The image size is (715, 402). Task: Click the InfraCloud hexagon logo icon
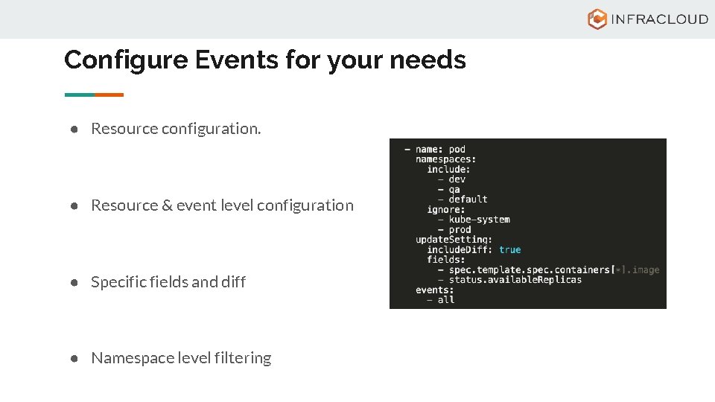[x=597, y=19]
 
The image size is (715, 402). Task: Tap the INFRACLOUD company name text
[x=659, y=19]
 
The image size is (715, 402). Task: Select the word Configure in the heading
[x=125, y=60]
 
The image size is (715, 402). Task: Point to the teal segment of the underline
[x=80, y=95]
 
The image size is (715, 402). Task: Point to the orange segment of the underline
[x=109, y=95]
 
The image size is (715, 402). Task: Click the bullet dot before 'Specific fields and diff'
[x=75, y=282]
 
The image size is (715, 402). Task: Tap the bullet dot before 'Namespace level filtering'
[x=75, y=358]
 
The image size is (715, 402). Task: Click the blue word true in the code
[x=510, y=249]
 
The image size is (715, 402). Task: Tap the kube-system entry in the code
[x=479, y=220]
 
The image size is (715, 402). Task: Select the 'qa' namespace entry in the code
[x=454, y=189]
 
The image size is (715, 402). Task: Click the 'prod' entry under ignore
[x=460, y=229]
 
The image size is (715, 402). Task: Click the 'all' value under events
[x=445, y=300]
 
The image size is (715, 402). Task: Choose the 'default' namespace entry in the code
[x=468, y=200]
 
